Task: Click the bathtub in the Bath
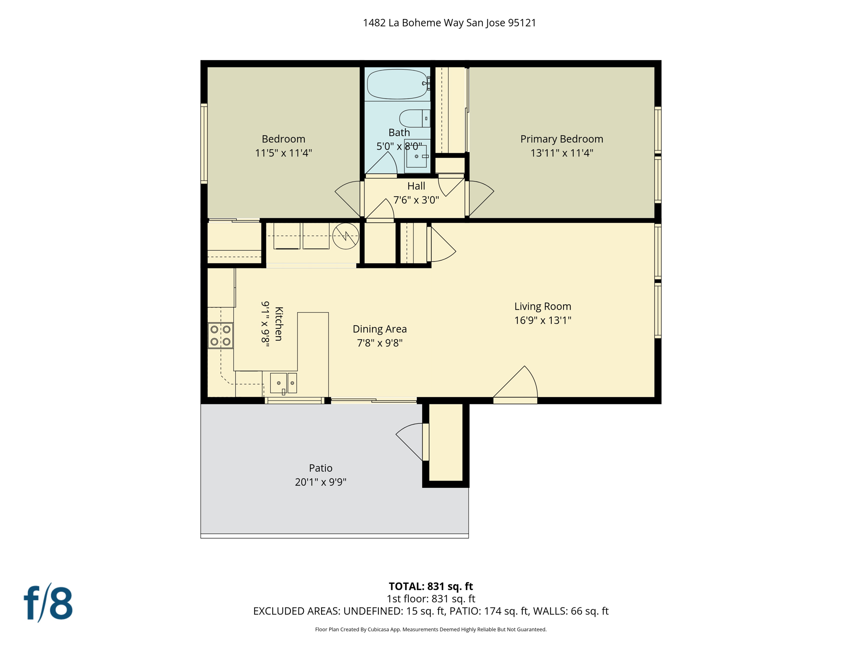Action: coord(397,84)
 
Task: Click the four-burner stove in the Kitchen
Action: coord(221,335)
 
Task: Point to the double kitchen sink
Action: coord(283,383)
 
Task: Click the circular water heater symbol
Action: coord(346,236)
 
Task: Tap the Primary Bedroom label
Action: coord(561,139)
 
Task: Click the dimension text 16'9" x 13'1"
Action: coord(543,321)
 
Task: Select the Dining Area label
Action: coord(380,329)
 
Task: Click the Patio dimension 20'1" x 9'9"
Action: coord(320,482)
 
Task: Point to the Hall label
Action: coord(416,186)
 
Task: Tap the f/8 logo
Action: coord(48,603)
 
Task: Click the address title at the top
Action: coord(450,23)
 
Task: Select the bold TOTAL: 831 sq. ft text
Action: coord(431,586)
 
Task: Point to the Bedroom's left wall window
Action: coord(204,144)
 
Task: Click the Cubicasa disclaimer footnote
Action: coord(431,630)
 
